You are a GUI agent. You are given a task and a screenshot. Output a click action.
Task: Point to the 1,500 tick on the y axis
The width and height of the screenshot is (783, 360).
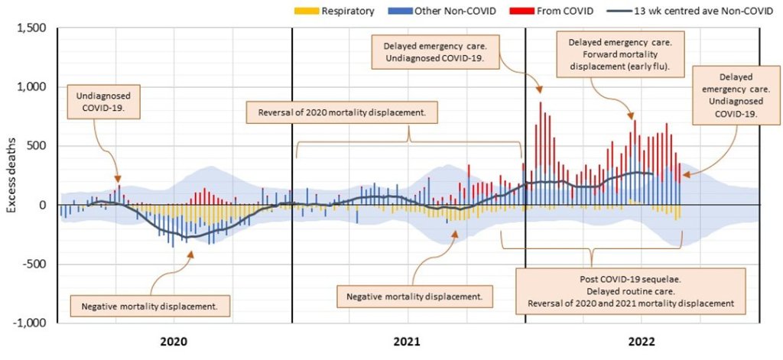coord(31,28)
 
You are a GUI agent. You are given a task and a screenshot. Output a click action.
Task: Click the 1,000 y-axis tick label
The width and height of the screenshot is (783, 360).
coord(31,87)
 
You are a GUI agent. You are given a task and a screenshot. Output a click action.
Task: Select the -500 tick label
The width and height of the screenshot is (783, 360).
coord(34,264)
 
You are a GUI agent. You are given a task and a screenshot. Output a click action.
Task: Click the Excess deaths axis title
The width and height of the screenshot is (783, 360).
coord(10,176)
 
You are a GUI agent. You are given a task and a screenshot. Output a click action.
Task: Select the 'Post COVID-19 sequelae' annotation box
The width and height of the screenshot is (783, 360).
coord(631,289)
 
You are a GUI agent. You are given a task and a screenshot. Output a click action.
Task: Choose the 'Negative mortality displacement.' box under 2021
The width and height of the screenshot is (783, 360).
coord(414,295)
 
